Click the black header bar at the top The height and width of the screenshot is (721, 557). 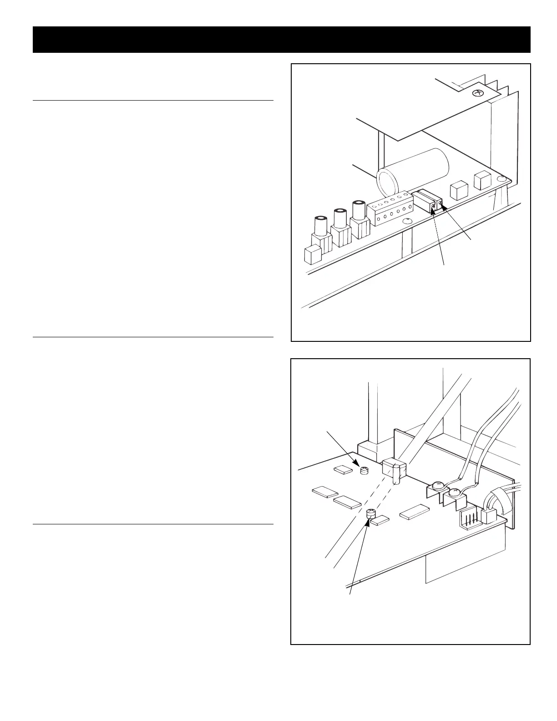[x=281, y=40]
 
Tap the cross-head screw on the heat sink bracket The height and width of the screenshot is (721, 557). [x=478, y=93]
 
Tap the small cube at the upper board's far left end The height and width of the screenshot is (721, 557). [x=313, y=254]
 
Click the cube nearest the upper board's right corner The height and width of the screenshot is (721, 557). [x=483, y=181]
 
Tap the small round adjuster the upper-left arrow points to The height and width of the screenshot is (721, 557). [x=364, y=471]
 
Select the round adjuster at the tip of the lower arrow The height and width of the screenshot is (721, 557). [x=371, y=514]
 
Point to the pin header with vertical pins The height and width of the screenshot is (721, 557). [x=469, y=518]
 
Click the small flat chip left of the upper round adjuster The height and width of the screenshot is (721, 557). [x=344, y=469]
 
